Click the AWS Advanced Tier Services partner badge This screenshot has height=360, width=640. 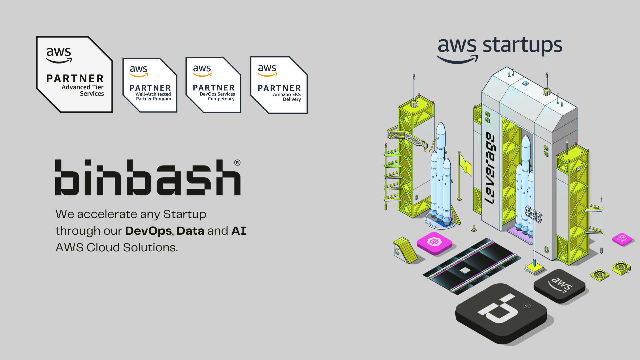click(74, 74)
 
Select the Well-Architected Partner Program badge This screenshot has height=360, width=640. click(150, 85)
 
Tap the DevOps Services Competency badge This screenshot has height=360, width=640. click(213, 85)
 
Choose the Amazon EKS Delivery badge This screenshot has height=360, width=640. click(279, 85)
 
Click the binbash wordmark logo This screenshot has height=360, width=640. click(148, 177)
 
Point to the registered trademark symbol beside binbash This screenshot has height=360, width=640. click(237, 163)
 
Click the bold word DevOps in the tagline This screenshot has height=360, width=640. click(148, 231)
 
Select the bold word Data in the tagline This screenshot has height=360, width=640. click(190, 231)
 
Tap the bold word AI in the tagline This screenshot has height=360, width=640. click(239, 231)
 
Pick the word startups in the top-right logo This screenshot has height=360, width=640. click(522, 46)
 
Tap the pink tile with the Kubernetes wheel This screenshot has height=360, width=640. click(434, 243)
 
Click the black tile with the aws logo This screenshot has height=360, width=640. click(560, 286)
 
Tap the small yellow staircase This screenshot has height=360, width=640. click(405, 250)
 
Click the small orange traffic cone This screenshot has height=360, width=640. click(474, 229)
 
